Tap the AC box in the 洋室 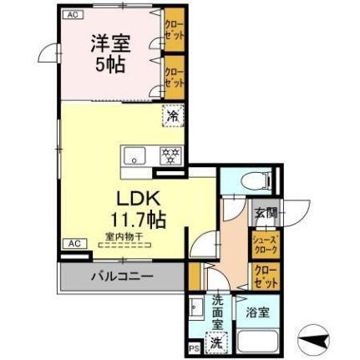[72, 15]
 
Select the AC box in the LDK [73, 243]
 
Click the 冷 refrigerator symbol [173, 116]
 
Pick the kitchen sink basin [135, 155]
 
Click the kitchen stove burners [170, 155]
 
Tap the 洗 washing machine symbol [216, 341]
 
